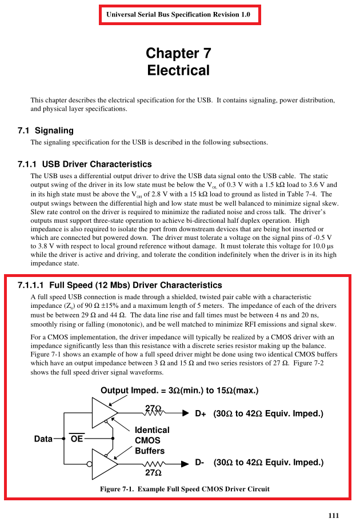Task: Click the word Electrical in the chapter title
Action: (178, 70)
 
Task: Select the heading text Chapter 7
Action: (178, 54)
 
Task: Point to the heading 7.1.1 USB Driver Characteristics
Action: (85, 164)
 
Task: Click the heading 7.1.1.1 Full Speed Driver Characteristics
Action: (119, 285)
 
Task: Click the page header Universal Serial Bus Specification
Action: (179, 14)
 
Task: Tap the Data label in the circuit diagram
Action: (43, 439)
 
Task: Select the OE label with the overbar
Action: (77, 439)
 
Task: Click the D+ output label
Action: (201, 413)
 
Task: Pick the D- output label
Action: (199, 463)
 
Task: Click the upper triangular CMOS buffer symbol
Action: (104, 412)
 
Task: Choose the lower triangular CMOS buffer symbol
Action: (104, 463)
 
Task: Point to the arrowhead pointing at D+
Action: (185, 413)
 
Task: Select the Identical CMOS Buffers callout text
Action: (151, 440)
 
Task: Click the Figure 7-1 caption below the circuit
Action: (185, 489)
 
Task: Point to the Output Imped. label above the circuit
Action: (179, 391)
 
